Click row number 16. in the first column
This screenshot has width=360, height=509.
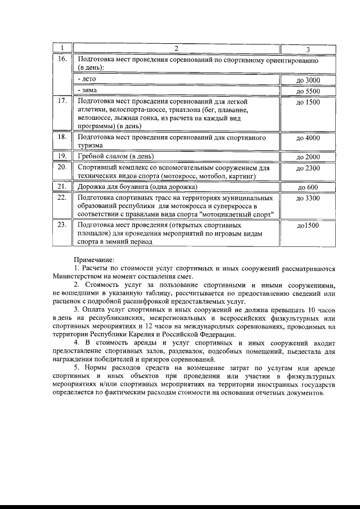coord(62,59)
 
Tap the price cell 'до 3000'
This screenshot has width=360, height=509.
coord(308,80)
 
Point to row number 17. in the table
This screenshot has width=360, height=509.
coord(62,102)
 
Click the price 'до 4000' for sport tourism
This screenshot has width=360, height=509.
coord(308,138)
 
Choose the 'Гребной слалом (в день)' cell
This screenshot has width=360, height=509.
coord(115,156)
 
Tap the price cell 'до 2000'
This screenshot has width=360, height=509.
coord(308,157)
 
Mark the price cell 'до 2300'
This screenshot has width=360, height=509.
coord(308,168)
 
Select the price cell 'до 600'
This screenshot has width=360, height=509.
coord(308,187)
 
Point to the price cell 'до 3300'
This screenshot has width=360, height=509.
coord(308,199)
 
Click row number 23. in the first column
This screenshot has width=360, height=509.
coord(62,225)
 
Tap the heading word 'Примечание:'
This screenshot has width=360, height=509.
coord(93,259)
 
